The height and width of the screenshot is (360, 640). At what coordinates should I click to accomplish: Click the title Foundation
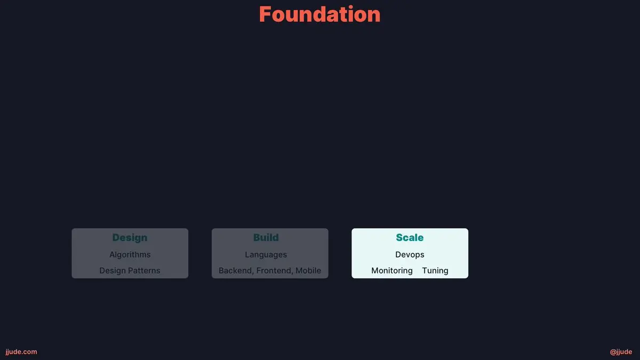point(319,14)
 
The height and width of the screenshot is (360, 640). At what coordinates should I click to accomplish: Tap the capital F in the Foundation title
point(265,14)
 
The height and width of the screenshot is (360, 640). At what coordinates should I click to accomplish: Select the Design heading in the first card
point(130,238)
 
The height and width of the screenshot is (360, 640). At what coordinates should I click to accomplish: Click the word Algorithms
point(130,254)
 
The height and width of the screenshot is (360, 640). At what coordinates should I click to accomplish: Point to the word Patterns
point(144,270)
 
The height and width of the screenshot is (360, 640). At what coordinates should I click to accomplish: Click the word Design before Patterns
point(113,270)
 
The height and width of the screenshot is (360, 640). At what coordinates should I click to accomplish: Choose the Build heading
point(266,237)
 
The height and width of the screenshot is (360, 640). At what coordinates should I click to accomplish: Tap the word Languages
point(266,255)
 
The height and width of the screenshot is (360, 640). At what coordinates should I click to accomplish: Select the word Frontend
point(275,270)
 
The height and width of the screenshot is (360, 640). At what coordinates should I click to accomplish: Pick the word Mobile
point(308,270)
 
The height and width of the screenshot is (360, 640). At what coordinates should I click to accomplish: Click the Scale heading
point(410,237)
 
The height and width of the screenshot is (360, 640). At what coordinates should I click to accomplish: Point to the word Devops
point(410,255)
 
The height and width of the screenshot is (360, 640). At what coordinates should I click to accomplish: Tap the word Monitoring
point(392,271)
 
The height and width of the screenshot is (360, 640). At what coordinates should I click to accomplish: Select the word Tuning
point(435,271)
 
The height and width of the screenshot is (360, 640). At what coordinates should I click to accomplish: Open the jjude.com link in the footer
point(21,352)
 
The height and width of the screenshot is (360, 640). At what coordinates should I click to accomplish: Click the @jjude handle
point(621,352)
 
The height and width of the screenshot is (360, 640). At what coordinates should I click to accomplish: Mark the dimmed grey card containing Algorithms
point(130,253)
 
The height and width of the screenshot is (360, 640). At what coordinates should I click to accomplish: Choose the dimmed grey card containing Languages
point(270,253)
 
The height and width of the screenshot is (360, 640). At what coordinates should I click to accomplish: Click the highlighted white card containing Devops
point(410,253)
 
